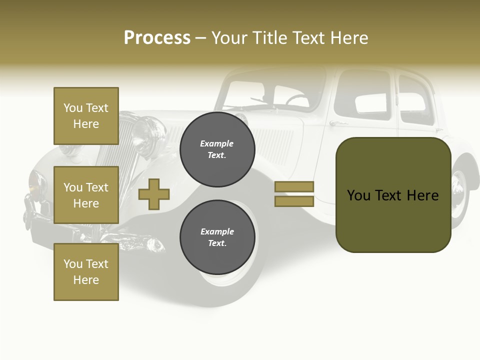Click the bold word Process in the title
tap(157, 38)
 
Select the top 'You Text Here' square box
tap(86, 116)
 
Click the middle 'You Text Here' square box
tap(86, 195)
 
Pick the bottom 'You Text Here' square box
tap(86, 272)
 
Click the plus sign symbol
tap(154, 193)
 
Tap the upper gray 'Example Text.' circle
tap(217, 149)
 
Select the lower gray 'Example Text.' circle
tap(217, 237)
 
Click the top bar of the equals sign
tap(294, 187)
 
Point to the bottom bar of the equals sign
tap(294, 201)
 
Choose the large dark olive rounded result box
tap(393, 195)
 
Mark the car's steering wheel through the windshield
tap(297, 99)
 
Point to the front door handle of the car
tap(338, 123)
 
